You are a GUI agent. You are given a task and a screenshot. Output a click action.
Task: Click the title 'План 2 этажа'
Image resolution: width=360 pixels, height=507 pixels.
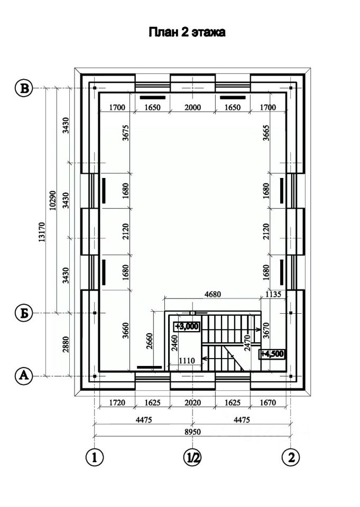point(187,32)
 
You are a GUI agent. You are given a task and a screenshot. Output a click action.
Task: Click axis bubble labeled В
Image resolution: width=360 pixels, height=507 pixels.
point(24,88)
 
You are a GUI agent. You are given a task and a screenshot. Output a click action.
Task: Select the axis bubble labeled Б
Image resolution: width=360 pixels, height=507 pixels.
point(24,313)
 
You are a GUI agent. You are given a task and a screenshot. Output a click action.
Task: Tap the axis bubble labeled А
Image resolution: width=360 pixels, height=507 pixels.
point(24,376)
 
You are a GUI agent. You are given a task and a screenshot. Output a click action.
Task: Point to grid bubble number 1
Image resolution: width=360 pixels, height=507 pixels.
point(95,457)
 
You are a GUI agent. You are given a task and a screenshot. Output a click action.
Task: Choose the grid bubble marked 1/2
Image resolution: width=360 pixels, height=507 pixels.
point(192,457)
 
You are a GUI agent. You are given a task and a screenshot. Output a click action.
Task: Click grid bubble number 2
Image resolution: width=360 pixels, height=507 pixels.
point(291,457)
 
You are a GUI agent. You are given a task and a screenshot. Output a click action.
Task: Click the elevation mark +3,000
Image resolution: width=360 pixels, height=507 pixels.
point(187,326)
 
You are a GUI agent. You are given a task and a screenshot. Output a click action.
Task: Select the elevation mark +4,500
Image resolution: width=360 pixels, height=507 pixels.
point(273,354)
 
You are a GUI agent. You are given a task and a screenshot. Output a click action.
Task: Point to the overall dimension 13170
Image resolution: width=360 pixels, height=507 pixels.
point(41,232)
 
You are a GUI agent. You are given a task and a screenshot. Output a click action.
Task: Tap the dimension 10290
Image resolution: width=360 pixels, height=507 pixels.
point(53,201)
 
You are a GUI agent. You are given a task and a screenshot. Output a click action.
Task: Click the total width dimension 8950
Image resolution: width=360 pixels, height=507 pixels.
point(192,431)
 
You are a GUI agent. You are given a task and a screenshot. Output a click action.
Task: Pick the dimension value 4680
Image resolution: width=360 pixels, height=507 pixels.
point(213,294)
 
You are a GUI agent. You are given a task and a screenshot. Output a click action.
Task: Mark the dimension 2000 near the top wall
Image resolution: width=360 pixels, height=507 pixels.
point(192,107)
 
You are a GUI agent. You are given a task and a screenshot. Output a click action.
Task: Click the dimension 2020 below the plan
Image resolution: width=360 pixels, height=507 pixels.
point(192,402)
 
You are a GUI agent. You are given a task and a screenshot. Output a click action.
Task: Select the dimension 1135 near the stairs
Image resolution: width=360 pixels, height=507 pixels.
point(273,294)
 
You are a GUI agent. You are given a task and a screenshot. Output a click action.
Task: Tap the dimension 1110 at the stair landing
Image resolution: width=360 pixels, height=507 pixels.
point(187,361)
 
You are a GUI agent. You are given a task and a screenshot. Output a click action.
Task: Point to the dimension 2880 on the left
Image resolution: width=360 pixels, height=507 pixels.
point(66,345)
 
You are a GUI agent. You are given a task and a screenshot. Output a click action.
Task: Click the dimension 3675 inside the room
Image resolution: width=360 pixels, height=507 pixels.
point(126,133)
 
